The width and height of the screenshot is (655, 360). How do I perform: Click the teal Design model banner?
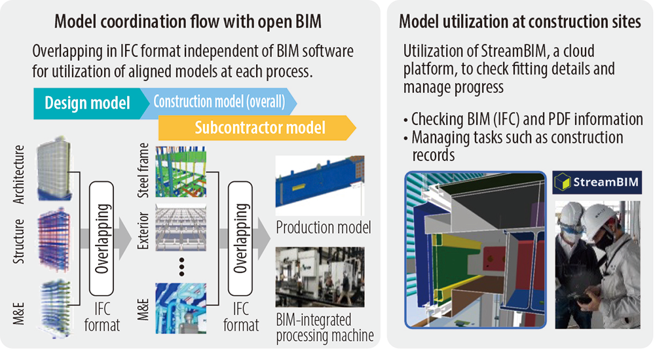[90, 103]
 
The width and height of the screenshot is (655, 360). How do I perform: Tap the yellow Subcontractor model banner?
[257, 128]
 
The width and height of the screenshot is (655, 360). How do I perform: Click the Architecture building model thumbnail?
[54, 168]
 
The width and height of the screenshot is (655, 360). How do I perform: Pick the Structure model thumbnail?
[54, 240]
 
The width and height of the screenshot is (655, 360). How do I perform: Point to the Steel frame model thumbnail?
[181, 171]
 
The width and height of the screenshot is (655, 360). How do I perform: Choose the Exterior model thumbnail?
[181, 228]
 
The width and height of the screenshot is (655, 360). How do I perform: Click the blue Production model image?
[320, 186]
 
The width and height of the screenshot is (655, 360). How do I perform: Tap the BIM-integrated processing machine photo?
[320, 278]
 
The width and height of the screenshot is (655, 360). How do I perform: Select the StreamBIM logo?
[597, 182]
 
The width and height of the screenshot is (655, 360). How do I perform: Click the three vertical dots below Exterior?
[181, 267]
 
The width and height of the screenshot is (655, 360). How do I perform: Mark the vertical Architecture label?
[19, 175]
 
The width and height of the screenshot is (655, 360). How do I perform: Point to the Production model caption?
[324, 228]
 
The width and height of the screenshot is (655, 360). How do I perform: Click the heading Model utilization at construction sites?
[519, 22]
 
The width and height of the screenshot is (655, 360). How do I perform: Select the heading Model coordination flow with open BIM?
[188, 22]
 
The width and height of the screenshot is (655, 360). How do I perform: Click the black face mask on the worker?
[604, 241]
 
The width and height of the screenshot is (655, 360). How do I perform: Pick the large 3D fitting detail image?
[476, 250]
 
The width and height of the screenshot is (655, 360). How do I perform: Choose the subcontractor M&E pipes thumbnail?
[181, 308]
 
